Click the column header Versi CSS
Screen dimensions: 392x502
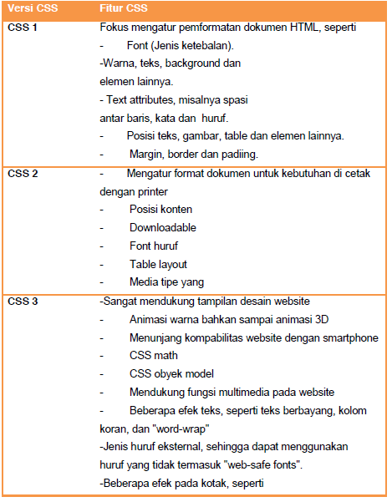click(33, 8)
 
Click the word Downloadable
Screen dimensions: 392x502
click(163, 227)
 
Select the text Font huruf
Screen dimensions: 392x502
click(153, 246)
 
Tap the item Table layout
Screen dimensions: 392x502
click(158, 264)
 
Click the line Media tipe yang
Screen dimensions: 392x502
click(166, 282)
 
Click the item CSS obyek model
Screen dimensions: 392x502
click(171, 373)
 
